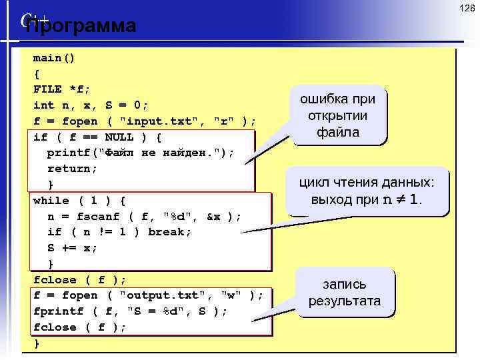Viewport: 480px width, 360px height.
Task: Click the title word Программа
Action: click(81, 26)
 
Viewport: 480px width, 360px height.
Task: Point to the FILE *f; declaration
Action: click(62, 89)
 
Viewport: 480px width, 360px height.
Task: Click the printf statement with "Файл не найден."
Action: click(141, 153)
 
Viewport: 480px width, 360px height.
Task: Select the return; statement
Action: click(72, 168)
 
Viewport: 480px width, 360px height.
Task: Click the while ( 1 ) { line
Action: click(79, 200)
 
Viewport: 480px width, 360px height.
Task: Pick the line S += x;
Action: click(72, 248)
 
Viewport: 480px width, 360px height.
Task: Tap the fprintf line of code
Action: click(131, 311)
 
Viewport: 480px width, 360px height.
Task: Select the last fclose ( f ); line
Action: click(79, 327)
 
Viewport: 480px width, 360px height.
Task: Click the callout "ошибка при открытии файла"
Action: click(338, 115)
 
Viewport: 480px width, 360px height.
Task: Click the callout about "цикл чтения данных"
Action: click(366, 191)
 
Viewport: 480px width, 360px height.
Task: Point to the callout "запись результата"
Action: click(344, 293)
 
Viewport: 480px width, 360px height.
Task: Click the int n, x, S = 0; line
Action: click(91, 105)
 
